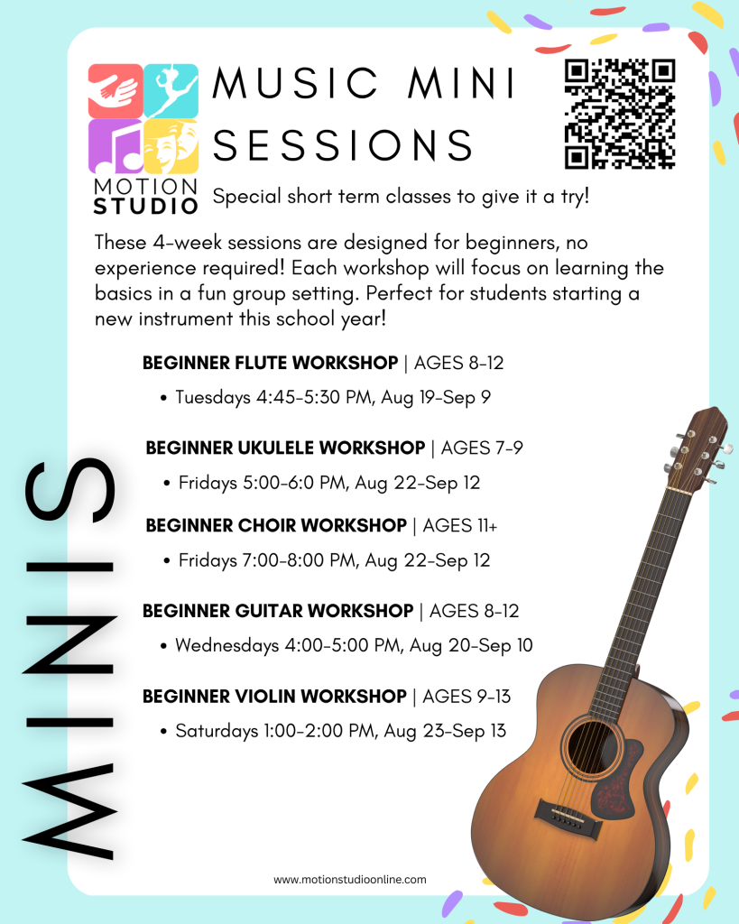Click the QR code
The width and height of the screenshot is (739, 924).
[619, 114]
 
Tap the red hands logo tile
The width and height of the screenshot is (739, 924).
[115, 91]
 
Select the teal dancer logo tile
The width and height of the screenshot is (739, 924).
[171, 91]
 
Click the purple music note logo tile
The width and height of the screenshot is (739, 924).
[115, 147]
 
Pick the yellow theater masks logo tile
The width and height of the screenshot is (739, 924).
[171, 147]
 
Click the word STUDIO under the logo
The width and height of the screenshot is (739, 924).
[145, 207]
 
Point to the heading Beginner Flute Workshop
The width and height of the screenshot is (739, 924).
[270, 363]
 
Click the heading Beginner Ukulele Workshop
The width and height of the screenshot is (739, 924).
[285, 448]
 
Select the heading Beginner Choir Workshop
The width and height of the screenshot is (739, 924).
[276, 526]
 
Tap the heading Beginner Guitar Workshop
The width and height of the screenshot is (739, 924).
[278, 611]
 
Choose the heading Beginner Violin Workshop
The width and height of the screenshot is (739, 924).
[274, 697]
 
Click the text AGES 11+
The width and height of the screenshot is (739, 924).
[459, 526]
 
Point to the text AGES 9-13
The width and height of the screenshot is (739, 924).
[466, 697]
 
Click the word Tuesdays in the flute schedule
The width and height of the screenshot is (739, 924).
[213, 398]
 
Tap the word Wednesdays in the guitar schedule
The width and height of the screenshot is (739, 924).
[226, 646]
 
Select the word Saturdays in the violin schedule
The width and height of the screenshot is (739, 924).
[217, 731]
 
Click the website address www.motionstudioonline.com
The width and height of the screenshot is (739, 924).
[349, 880]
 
